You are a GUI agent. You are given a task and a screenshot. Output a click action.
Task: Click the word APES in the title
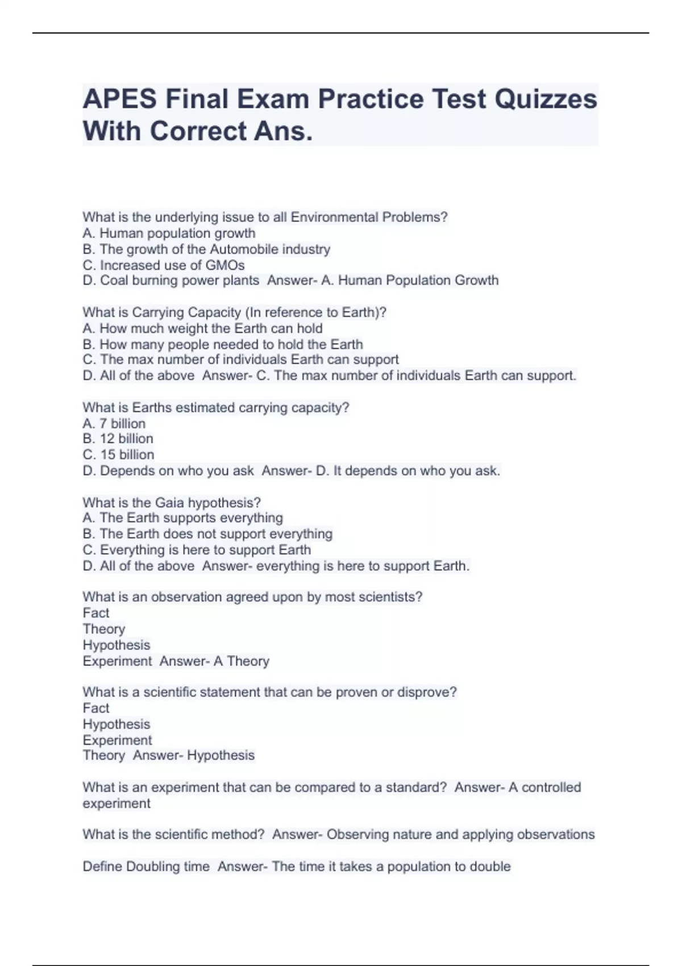119,99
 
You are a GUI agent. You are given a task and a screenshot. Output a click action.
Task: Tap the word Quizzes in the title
545,99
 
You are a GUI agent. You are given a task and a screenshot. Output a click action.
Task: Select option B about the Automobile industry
206,249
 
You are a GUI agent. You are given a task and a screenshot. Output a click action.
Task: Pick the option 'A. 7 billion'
114,423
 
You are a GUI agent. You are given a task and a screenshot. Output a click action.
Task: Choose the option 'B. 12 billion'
118,439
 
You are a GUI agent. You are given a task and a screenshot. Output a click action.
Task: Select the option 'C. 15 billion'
118,455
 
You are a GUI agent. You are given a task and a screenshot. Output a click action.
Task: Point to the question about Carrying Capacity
234,313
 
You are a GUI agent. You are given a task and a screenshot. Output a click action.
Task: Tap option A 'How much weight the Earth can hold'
202,328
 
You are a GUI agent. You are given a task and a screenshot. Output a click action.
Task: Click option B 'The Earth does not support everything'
207,534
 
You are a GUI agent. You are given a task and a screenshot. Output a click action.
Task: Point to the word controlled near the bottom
551,788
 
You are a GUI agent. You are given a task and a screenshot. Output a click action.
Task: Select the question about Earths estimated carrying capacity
215,407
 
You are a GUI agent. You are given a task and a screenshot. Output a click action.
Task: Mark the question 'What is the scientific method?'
173,835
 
